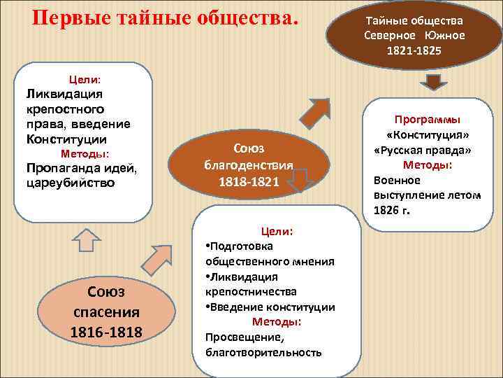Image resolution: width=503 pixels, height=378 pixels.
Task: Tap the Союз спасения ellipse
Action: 105,311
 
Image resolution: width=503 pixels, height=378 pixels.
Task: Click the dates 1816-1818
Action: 105,330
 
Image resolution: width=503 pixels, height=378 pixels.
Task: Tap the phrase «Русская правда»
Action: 423,150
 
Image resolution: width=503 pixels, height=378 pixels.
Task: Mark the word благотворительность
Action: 263,351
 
